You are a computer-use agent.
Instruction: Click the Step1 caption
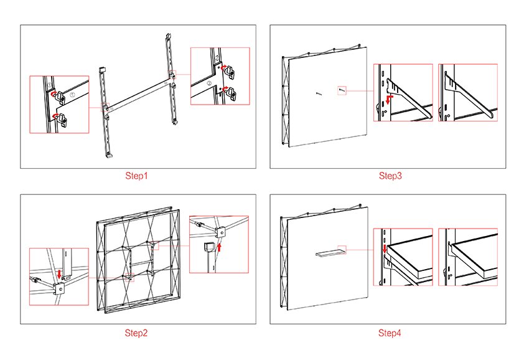coord(136,176)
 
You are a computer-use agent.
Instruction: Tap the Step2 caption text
coord(136,333)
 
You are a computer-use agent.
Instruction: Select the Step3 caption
coord(390,176)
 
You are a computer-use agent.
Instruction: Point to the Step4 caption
coord(390,333)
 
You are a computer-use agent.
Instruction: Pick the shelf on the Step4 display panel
coord(329,252)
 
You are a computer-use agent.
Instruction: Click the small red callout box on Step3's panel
coord(341,90)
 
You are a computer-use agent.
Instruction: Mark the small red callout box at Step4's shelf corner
coord(341,247)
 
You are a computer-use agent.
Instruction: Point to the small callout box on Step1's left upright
coord(106,107)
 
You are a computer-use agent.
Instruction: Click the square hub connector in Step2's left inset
coord(60,288)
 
